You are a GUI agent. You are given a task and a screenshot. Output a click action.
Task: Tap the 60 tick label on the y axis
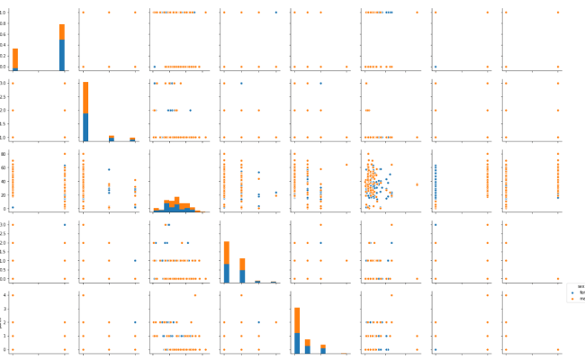pos(4,168)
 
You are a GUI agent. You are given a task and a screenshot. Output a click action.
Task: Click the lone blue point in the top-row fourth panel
pos(275,13)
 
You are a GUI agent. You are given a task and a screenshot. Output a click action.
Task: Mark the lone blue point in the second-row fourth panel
pos(241,83)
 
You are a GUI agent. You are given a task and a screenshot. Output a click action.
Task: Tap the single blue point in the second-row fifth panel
pos(320,83)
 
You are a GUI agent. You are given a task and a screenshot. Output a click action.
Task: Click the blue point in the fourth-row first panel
pos(65,224)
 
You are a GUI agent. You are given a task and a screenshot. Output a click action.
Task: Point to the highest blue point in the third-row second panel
pos(109,169)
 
